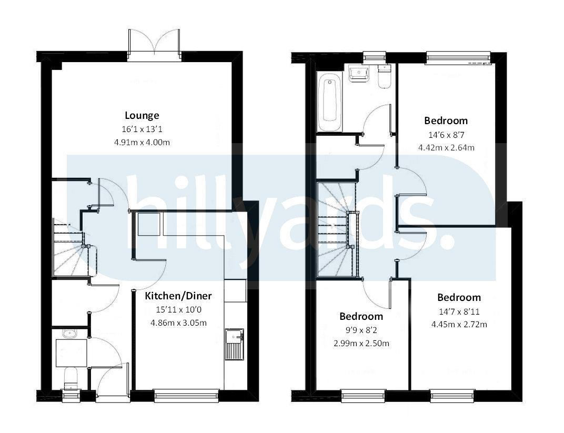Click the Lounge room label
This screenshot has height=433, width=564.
142,115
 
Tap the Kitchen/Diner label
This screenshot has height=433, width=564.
178,296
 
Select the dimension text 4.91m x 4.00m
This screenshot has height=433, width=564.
142,142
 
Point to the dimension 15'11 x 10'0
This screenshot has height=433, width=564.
178,309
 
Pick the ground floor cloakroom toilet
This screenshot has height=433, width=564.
70,377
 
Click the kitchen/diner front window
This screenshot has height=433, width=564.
186,395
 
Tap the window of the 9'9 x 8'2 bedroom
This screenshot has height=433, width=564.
362,395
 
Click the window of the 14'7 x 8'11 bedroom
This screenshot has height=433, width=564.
452,395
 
